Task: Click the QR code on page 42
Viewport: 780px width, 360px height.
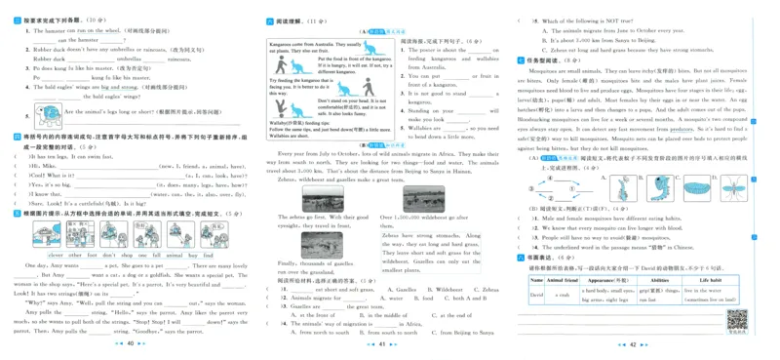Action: [x=737, y=319]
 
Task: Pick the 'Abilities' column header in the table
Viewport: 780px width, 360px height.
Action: [x=658, y=279]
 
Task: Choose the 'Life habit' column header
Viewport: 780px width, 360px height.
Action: [x=710, y=279]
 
